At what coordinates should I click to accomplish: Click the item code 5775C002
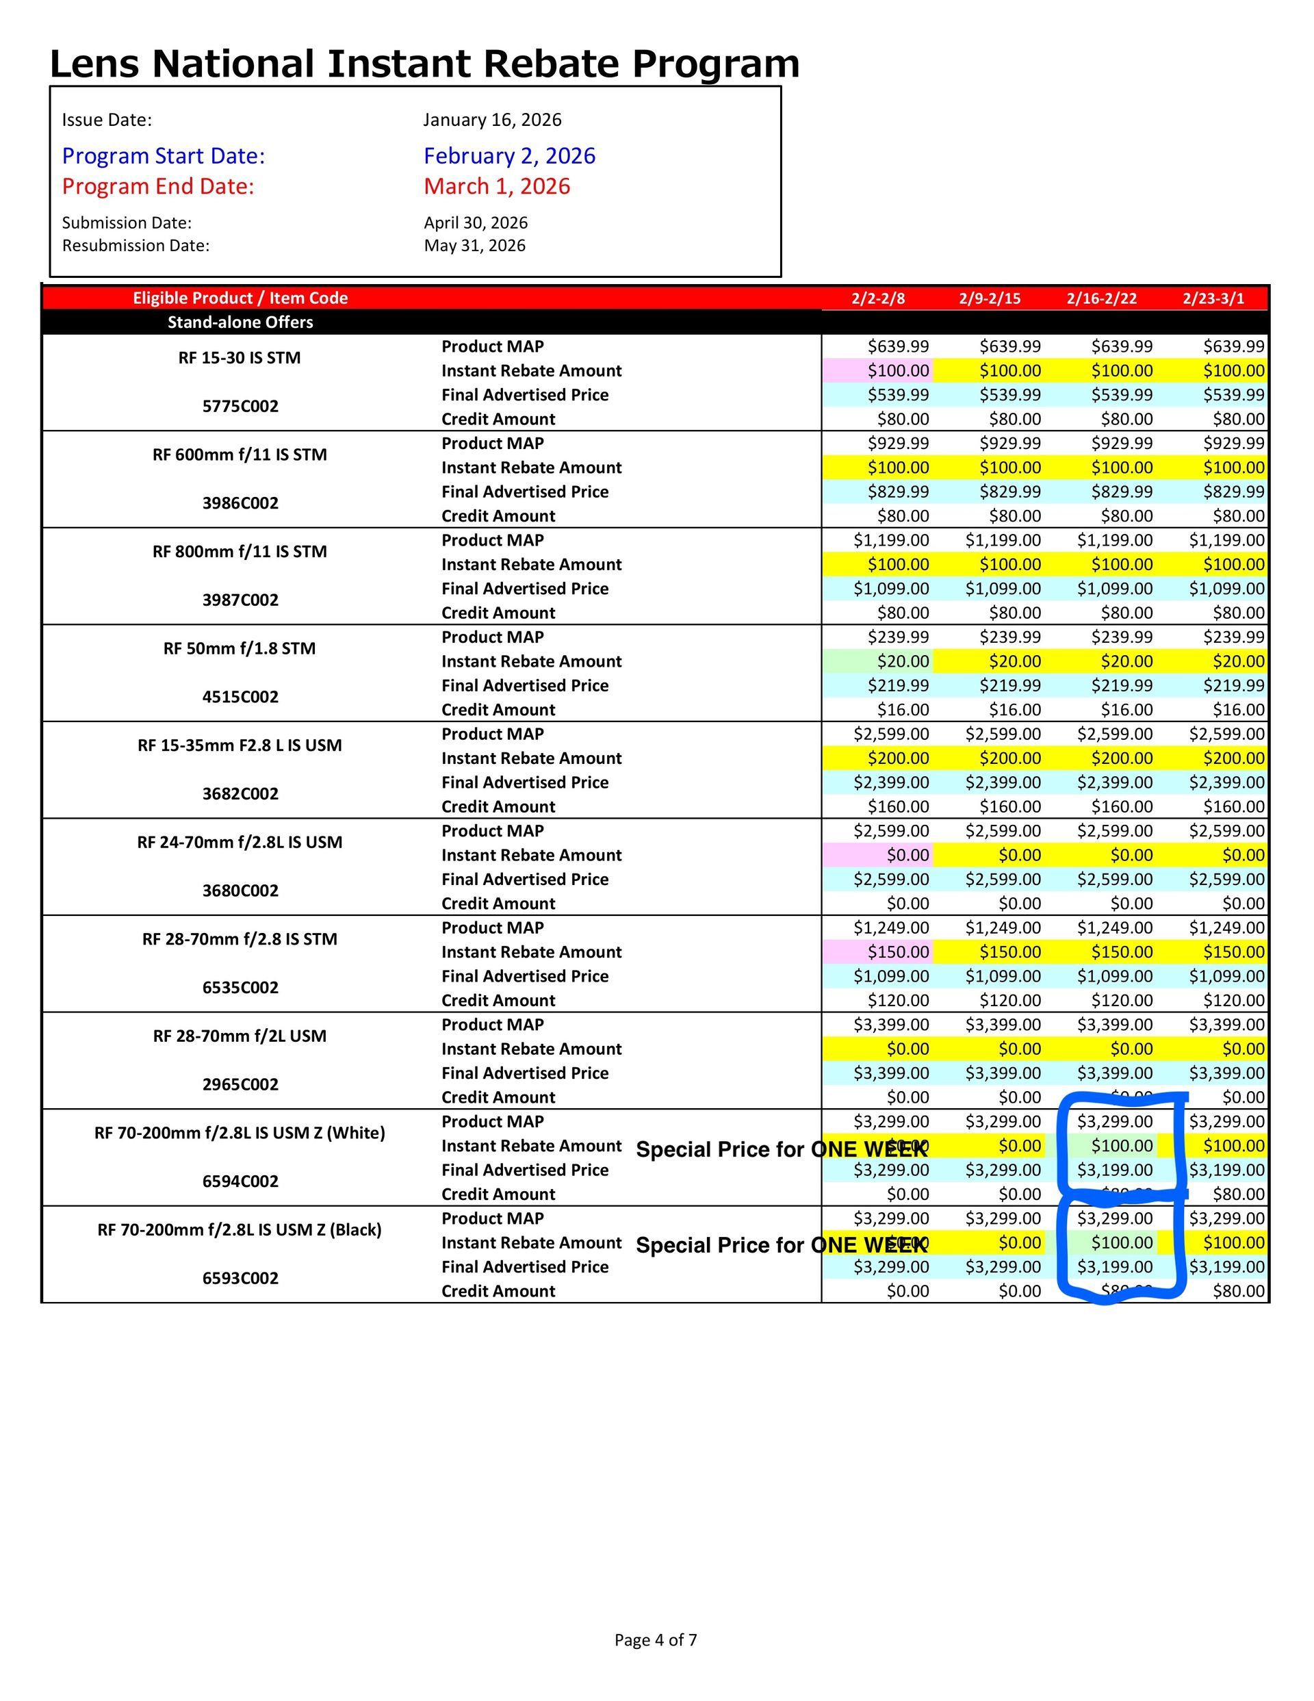pyautogui.click(x=240, y=407)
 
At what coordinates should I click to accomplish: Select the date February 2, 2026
pyautogui.click(x=509, y=156)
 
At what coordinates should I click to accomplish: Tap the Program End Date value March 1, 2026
pyautogui.click(x=497, y=186)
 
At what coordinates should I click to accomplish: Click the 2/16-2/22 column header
pyautogui.click(x=1101, y=298)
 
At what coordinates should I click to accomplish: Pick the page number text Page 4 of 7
pyautogui.click(x=656, y=1639)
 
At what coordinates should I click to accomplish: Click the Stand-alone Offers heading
pyautogui.click(x=240, y=322)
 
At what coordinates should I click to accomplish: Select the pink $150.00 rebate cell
pyautogui.click(x=898, y=951)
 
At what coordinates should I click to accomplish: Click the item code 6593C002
pyautogui.click(x=240, y=1278)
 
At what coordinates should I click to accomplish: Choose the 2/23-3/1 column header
pyautogui.click(x=1213, y=298)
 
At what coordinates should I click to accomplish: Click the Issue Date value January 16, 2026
pyautogui.click(x=492, y=120)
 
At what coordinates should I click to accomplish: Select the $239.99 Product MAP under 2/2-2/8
pyautogui.click(x=898, y=637)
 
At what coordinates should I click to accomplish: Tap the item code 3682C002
pyautogui.click(x=240, y=793)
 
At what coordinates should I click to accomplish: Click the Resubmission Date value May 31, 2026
pyautogui.click(x=474, y=246)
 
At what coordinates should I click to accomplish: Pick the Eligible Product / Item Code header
pyautogui.click(x=240, y=298)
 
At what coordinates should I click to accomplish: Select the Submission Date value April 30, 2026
pyautogui.click(x=475, y=222)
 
